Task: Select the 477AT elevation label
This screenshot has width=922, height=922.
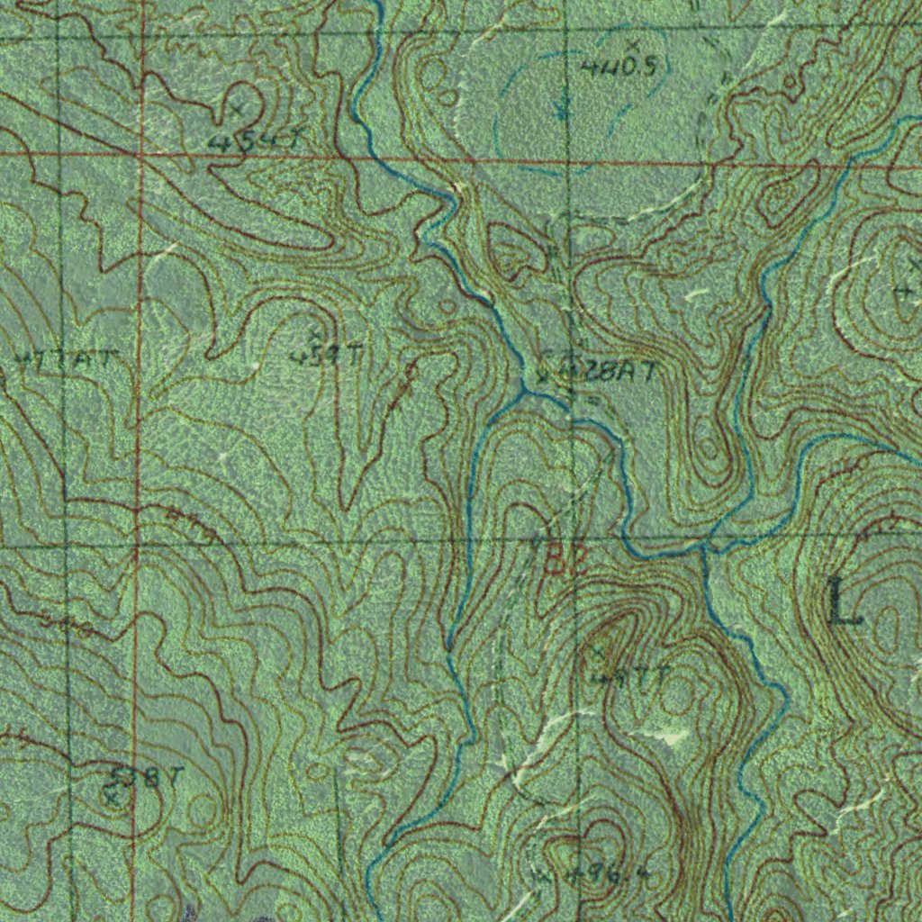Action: coord(66,360)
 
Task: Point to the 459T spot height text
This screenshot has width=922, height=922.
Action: coord(325,357)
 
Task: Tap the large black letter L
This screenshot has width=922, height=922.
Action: coord(845,603)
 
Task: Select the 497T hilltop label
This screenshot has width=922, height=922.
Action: coord(630,674)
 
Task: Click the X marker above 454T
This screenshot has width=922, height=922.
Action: coord(237,110)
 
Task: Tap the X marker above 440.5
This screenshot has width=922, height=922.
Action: coord(633,44)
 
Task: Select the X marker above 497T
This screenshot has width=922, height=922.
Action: coord(598,651)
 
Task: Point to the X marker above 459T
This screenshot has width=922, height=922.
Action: coord(315,336)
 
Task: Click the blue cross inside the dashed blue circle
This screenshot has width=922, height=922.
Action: coord(562,112)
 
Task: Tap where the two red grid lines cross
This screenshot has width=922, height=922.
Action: coord(141,156)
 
